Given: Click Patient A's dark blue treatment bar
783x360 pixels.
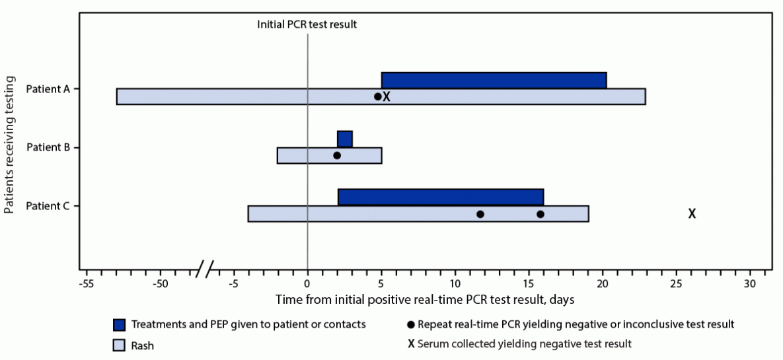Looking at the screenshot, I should pos(494,80).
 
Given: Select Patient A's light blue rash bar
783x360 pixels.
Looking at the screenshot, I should pos(231,96).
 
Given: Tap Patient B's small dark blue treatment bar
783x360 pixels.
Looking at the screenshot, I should pos(344,139).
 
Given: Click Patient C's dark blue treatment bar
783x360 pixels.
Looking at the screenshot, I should pos(440,197).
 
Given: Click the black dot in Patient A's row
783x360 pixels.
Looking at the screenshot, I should pos(378,96).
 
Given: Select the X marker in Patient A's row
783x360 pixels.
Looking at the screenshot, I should pos(387,96).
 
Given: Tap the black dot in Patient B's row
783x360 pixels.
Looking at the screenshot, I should pos(337,155).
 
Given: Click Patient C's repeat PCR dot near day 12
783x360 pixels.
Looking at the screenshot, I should pos(480,214).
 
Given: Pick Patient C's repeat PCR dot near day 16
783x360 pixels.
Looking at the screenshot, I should pos(541,214).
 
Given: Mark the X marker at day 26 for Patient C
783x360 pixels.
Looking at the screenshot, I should pos(692,214).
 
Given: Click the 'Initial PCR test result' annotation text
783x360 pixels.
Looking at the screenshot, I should pos(307,24).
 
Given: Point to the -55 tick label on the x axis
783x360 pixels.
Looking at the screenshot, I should pos(85,284).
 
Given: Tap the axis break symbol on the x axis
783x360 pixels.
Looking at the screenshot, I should pos(205,270).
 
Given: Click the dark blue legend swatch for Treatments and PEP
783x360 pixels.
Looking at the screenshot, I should pos(120,325).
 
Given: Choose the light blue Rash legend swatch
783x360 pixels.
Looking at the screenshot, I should pos(120,344).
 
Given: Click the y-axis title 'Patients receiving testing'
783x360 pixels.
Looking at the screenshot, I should pos(9,145).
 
